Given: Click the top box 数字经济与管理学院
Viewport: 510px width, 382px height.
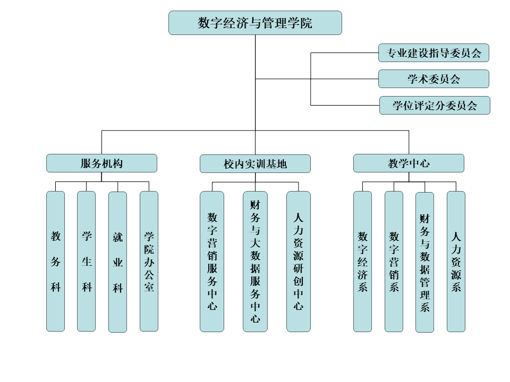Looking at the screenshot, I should tap(255, 23).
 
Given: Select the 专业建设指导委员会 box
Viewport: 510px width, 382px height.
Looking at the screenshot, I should tap(433, 53).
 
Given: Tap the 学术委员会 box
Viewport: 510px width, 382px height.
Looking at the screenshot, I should tap(433, 79).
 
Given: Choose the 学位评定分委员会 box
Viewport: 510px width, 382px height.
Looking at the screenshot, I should tap(435, 105).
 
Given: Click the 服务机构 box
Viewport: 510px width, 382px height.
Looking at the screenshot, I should tap(101, 163).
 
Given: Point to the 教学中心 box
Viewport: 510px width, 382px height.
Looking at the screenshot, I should tap(409, 163).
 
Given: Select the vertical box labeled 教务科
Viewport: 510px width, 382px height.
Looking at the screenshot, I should tap(55, 261).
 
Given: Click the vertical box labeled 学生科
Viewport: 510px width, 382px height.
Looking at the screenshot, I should tap(87, 261).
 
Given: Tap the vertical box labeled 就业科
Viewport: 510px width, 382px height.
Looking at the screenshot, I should tap(117, 262).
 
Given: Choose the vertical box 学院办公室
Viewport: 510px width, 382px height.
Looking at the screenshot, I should tap(149, 261).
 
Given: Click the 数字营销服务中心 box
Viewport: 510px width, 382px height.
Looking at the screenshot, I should tap(212, 261).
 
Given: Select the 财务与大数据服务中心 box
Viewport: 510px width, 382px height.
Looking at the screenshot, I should tap(255, 261).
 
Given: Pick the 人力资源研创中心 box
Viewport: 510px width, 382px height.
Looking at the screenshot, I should tap(299, 261).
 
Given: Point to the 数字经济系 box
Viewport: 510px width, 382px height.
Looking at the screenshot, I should tap(363, 261).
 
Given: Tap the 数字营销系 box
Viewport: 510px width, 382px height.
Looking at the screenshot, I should tap(394, 261).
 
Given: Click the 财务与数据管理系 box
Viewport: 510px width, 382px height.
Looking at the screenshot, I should tap(424, 262).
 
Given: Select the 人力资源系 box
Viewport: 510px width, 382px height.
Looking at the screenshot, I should tap(456, 261).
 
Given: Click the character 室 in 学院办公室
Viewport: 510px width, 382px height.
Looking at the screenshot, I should tap(149, 288).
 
